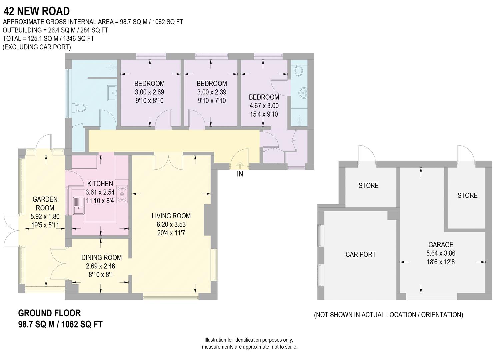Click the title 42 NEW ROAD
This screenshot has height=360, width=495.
[37, 11]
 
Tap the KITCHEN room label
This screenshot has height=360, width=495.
[100, 184]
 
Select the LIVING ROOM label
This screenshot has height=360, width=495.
[171, 216]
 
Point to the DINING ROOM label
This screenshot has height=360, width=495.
[101, 257]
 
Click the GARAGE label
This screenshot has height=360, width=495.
[441, 245]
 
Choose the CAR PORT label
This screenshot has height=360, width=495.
[360, 254]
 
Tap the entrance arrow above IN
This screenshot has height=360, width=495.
[240, 165]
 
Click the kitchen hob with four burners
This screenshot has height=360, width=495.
[123, 194]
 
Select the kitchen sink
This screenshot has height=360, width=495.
[79, 206]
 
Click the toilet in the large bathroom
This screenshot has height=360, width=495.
[80, 107]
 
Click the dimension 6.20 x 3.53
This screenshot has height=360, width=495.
[171, 224]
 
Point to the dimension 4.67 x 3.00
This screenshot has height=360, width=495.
[264, 106]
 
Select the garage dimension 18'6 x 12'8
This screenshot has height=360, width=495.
[441, 262]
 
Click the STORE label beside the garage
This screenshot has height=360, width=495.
[467, 195]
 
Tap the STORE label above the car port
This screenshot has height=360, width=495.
[368, 185]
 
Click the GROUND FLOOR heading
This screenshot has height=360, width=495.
[49, 313]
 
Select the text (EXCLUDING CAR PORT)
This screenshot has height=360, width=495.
[37, 47]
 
